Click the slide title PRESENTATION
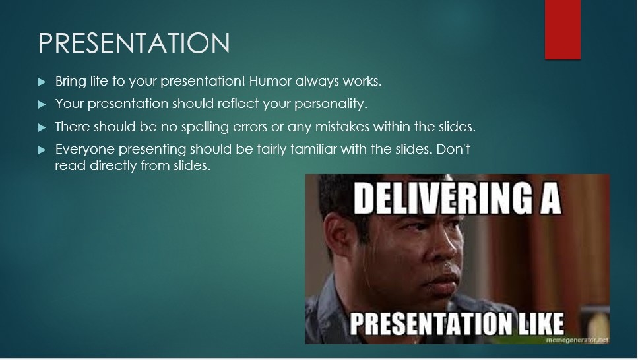point(134,43)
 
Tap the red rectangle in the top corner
point(563,29)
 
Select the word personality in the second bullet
point(331,104)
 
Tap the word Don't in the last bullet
point(453,149)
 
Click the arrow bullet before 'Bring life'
point(42,82)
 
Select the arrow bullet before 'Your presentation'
point(42,105)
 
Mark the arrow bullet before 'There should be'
point(42,128)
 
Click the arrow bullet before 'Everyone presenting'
point(42,150)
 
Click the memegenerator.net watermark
point(577,340)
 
